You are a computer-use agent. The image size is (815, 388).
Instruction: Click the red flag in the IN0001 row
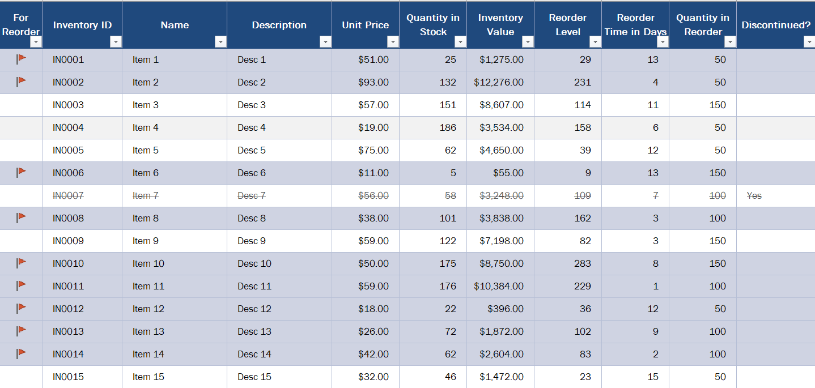tap(21, 59)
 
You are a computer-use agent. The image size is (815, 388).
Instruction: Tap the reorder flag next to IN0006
tap(21, 172)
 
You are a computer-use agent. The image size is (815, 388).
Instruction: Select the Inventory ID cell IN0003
tap(68, 105)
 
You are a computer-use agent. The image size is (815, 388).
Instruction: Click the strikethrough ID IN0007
tap(68, 195)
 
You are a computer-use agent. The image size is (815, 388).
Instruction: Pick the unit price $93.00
tap(373, 82)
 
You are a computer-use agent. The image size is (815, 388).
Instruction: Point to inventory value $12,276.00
tap(498, 82)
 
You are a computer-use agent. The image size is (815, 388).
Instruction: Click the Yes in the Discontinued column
tap(754, 195)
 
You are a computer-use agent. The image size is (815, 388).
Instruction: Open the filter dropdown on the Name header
tap(220, 42)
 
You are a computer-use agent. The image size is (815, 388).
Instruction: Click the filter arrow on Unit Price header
tap(393, 42)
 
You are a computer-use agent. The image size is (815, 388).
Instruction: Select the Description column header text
tap(279, 25)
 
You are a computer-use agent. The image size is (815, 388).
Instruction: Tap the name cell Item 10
tap(148, 263)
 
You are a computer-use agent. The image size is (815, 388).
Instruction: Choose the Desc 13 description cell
tap(254, 331)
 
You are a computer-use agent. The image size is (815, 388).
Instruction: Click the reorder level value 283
tap(583, 263)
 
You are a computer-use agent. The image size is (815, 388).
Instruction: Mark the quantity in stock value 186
tap(448, 127)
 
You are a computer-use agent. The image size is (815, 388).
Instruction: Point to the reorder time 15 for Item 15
tap(653, 377)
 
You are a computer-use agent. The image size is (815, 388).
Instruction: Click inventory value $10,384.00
tap(498, 286)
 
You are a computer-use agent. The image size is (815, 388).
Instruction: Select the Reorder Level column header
tap(567, 25)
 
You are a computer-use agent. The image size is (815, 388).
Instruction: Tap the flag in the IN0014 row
tap(21, 353)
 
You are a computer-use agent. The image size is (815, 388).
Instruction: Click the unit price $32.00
tap(373, 377)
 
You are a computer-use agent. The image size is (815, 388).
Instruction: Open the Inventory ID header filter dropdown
tap(116, 42)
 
